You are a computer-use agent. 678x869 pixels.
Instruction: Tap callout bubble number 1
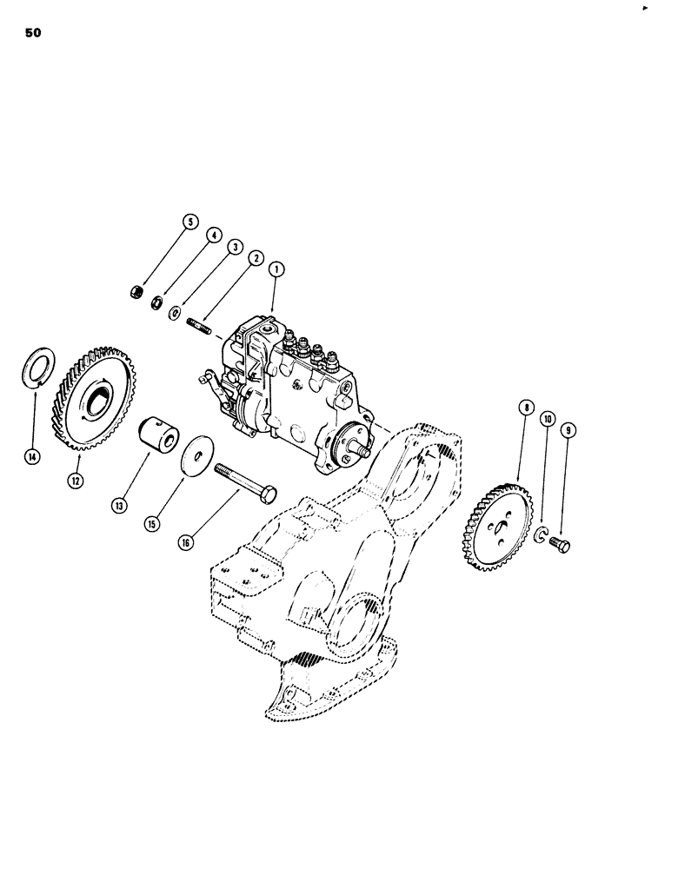point(276,270)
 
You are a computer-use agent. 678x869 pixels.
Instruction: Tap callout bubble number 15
point(153,524)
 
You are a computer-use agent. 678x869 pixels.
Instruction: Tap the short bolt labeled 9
point(558,545)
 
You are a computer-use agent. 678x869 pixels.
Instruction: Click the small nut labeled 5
point(138,289)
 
